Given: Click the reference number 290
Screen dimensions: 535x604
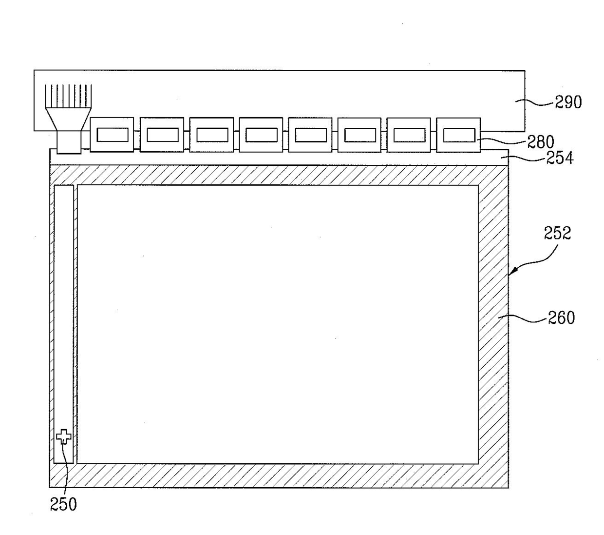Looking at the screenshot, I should click(x=568, y=102).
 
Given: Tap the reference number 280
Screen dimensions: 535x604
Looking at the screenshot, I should click(x=541, y=142).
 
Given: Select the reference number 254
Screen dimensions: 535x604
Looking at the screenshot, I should click(x=560, y=158).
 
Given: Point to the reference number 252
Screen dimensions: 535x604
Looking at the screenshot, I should click(x=557, y=233).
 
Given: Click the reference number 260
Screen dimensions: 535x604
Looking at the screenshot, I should click(x=562, y=318).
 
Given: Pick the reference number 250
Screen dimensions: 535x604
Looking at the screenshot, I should click(x=63, y=504).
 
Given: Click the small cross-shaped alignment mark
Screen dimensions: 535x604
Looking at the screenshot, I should click(x=63, y=436).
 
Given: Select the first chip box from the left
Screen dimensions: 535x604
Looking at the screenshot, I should click(x=112, y=135).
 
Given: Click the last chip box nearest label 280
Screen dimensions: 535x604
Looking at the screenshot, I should click(x=458, y=135).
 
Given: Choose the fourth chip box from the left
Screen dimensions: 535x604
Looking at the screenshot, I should click(x=261, y=135).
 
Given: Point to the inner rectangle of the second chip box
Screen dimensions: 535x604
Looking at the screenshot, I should click(x=162, y=135).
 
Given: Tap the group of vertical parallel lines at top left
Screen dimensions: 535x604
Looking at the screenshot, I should click(x=69, y=96).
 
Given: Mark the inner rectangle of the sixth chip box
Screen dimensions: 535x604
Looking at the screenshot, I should click(x=359, y=135).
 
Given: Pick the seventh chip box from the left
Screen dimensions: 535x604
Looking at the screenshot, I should click(x=409, y=135).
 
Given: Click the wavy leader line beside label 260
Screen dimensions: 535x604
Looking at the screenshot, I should click(x=528, y=319).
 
